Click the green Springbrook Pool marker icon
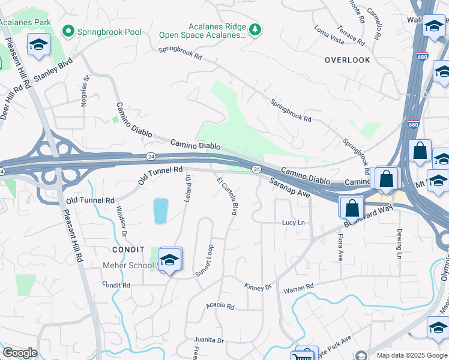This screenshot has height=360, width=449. [68, 30]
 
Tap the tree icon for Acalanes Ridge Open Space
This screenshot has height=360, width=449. [256, 29]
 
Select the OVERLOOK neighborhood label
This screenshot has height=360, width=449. [348, 60]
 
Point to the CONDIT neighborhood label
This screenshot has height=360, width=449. [128, 249]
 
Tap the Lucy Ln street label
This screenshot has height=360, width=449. [294, 223]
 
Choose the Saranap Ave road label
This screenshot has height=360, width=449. [289, 187]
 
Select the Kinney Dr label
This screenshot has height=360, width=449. [258, 287]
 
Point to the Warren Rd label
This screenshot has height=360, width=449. [299, 287]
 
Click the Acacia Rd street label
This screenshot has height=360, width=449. [220, 305]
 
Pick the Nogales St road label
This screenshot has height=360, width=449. [85, 91]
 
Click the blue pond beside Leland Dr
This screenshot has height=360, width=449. [160, 211]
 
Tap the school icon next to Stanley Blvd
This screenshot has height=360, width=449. [39, 45]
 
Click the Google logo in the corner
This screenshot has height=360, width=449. [20, 353]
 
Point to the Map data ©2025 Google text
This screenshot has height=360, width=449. [411, 355]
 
